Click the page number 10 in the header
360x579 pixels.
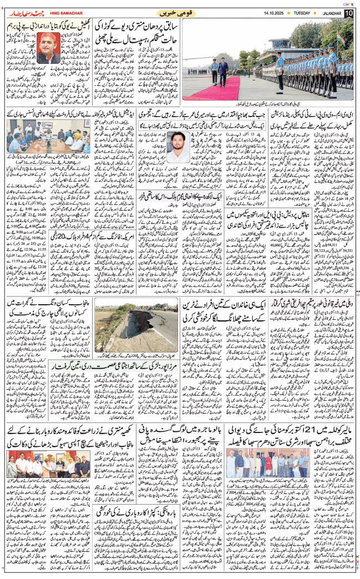pos(348,12)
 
